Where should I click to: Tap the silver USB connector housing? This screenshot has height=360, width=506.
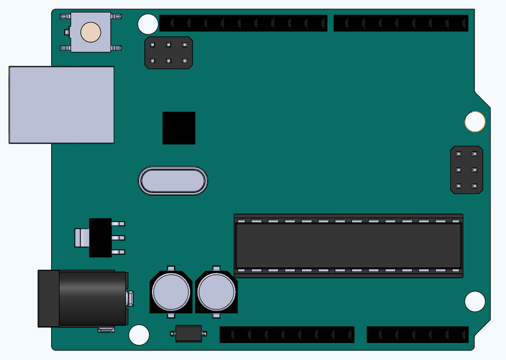coord(61,105)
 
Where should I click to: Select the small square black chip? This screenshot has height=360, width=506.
coord(179,128)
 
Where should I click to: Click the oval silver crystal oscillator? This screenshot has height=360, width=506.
coord(173,181)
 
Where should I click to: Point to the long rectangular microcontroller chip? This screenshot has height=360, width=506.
coord(349,246)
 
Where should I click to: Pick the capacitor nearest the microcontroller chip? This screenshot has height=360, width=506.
coord(217,291)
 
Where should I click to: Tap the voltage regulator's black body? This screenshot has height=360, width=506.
coord(101,237)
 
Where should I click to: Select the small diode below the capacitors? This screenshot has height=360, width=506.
coord(189,334)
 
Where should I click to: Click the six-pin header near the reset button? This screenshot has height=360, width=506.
coord(169,53)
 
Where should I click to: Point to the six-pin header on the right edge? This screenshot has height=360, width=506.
coord(467,170)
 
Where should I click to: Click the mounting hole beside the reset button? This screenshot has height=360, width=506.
coord(148,24)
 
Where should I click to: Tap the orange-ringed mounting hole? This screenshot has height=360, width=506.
coord(475,121)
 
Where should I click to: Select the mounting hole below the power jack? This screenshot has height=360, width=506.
coord(139,335)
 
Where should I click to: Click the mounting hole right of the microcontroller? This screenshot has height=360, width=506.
coord(475,301)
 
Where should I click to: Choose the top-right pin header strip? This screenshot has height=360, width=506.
coord(401,24)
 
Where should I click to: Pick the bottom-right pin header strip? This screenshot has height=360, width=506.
coord(418,335)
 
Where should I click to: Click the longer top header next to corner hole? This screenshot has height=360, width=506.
coord(243,24)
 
